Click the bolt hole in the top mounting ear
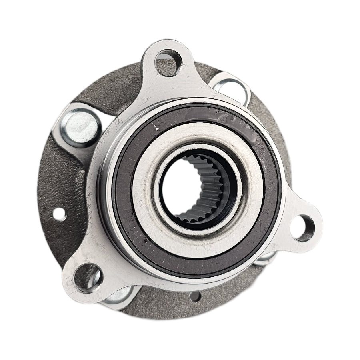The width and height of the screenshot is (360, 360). [168, 62]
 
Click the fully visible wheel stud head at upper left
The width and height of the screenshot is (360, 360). [80, 126]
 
